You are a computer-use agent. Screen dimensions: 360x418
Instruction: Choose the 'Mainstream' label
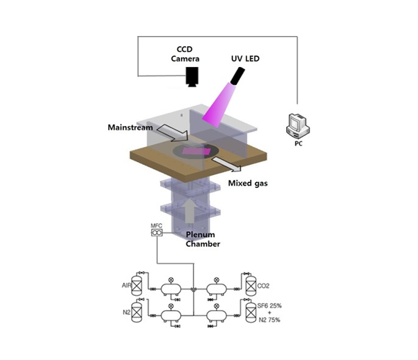[132, 127]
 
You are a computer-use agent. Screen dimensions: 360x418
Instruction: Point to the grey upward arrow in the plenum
[190, 210]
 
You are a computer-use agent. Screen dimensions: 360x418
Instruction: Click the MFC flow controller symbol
[157, 233]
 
